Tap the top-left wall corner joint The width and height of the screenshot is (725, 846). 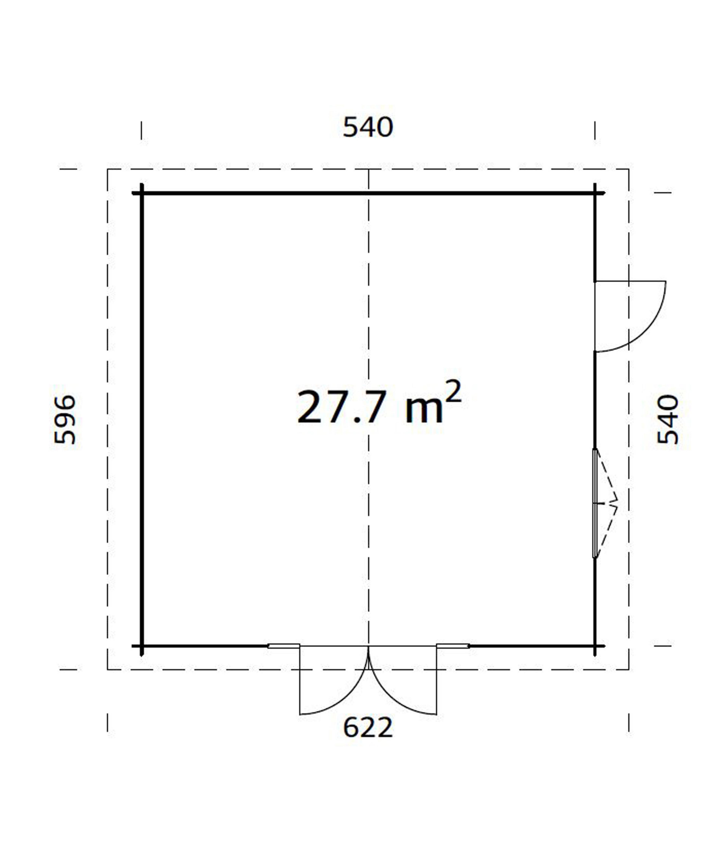click(142, 193)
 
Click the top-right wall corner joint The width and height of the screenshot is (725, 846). click(595, 193)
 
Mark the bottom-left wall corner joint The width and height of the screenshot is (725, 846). click(142, 646)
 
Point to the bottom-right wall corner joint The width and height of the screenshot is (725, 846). click(595, 646)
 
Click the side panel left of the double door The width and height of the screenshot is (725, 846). click(284, 646)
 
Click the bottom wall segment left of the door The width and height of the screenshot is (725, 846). click(204, 646)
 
